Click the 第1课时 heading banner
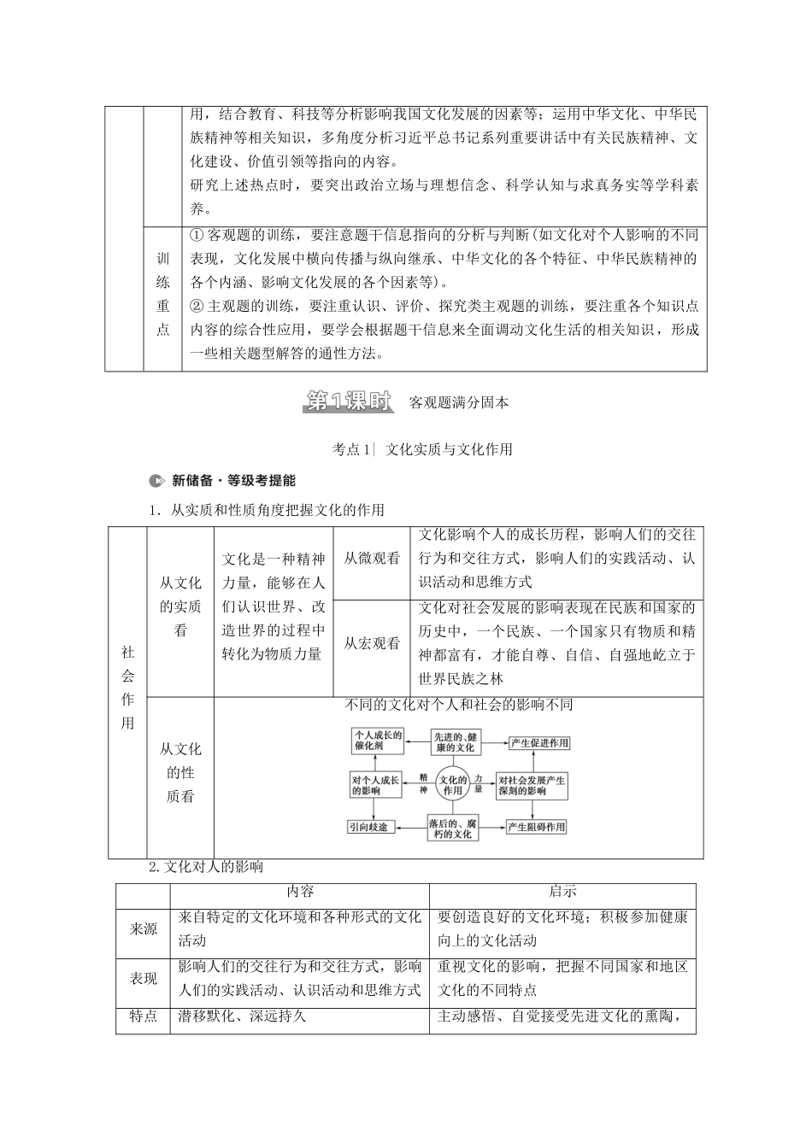[x=347, y=401]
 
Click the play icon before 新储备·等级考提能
[x=155, y=480]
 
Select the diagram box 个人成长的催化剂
[x=377, y=741]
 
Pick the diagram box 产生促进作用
[x=538, y=742]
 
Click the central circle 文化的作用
[x=453, y=784]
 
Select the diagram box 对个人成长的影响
[x=376, y=785]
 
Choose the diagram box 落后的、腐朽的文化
[x=453, y=827]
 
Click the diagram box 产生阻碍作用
[x=537, y=827]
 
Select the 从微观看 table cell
[x=372, y=559]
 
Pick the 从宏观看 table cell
[x=372, y=643]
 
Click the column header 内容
[x=300, y=891]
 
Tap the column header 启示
[x=562, y=891]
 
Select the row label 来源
[x=144, y=928]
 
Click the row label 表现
[x=144, y=978]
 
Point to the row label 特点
[x=144, y=1016]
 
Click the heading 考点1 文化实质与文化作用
[x=422, y=449]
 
